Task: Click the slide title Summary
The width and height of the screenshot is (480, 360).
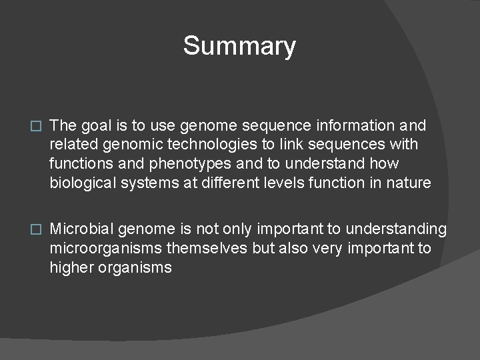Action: [x=239, y=47]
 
